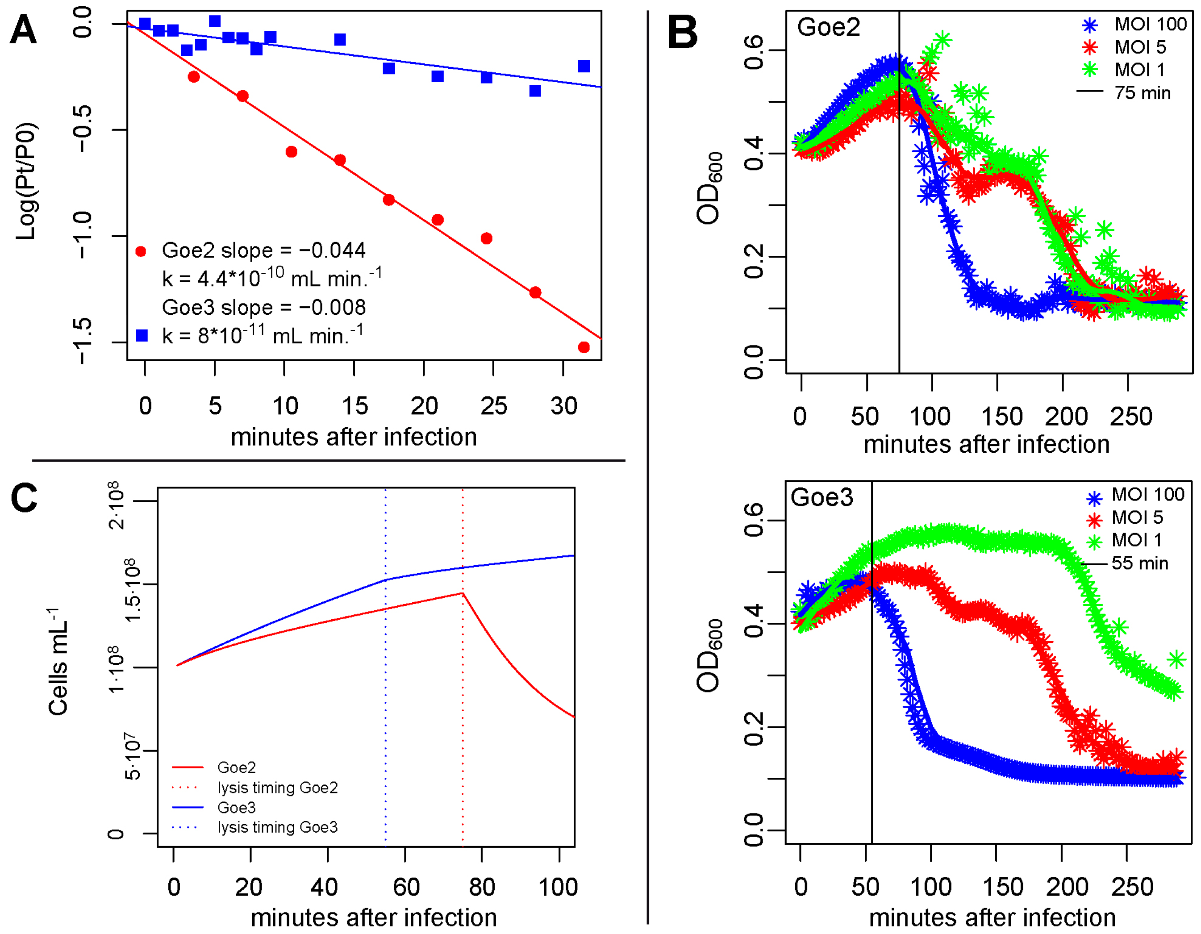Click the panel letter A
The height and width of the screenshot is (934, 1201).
(x=23, y=30)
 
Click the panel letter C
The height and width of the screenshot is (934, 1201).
(x=24, y=498)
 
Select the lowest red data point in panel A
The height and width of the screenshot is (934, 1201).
(x=584, y=347)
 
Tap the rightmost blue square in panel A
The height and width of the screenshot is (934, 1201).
(x=584, y=67)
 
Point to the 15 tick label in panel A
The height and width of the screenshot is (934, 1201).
(x=354, y=406)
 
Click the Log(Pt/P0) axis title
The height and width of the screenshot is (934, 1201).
(x=26, y=182)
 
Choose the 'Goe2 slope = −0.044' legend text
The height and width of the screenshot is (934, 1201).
(x=263, y=251)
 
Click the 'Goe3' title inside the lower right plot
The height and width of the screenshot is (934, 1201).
(x=822, y=497)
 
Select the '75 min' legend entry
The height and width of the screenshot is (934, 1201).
(x=1142, y=93)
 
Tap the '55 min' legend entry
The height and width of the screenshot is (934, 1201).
(x=1139, y=563)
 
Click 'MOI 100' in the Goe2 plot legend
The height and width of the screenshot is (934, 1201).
(x=1151, y=25)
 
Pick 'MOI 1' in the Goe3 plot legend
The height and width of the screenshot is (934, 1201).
(x=1137, y=540)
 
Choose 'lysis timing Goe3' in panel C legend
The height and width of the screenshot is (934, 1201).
(x=277, y=827)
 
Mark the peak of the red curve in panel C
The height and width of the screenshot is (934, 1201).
(x=463, y=593)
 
